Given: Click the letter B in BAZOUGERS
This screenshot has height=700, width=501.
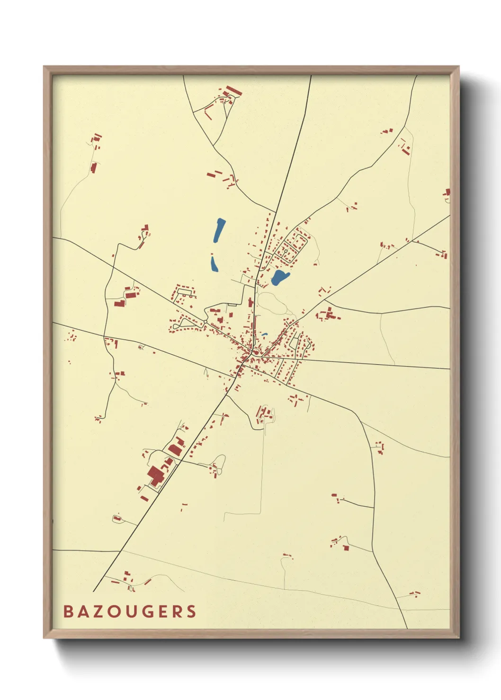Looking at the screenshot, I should [69, 612].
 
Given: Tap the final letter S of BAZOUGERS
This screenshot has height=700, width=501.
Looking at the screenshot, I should [191, 612].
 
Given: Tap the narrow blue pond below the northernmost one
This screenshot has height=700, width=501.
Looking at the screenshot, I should [214, 263].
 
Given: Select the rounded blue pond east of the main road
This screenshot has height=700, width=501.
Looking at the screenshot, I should [279, 278].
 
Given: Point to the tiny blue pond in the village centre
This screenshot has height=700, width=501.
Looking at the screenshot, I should [264, 335].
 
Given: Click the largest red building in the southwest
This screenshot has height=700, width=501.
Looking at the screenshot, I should [155, 475].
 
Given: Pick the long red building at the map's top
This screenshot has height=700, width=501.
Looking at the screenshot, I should [234, 90].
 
